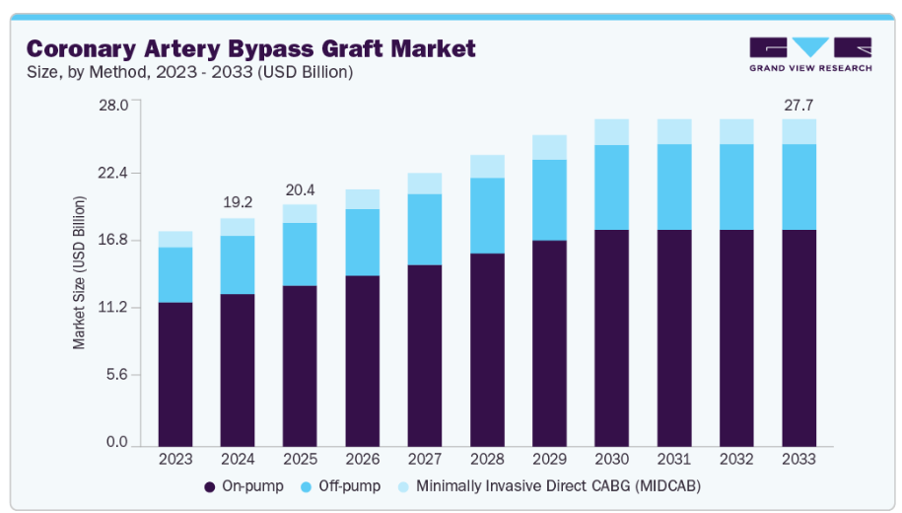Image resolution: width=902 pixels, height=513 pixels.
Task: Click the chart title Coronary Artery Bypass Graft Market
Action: [250, 47]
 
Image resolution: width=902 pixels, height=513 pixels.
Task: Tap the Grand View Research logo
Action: [809, 54]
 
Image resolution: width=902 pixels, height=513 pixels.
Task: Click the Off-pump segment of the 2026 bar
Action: [363, 242]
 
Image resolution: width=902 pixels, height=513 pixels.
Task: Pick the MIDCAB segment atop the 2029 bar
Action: [550, 147]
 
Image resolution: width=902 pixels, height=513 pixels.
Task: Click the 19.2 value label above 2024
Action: [238, 203]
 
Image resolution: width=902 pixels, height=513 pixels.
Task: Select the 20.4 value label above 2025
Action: [301, 189]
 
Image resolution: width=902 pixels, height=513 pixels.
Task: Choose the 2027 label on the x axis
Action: [425, 459]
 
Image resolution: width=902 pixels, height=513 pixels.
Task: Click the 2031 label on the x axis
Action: [674, 459]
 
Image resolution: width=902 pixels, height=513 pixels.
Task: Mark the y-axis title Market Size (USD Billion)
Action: [80, 273]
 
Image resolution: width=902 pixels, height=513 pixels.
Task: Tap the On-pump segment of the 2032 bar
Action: [736, 336]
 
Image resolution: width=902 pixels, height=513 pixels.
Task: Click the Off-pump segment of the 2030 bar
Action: [612, 187]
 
